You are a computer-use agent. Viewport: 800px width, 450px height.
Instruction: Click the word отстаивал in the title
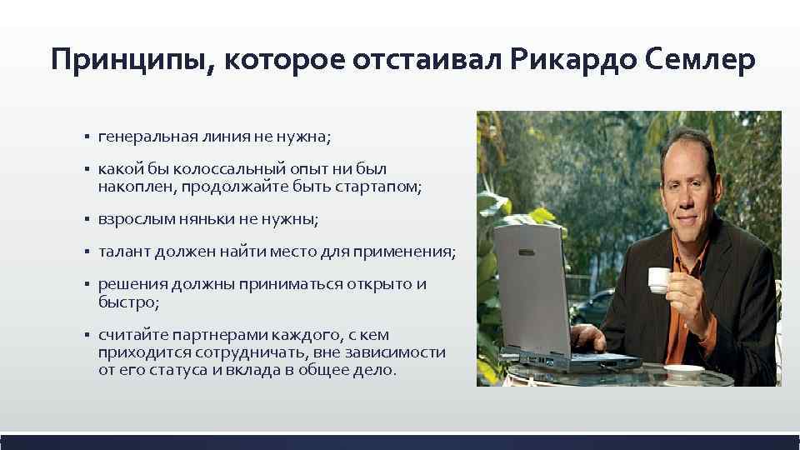click(425, 60)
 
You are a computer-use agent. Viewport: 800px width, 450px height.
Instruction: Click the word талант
click(126, 252)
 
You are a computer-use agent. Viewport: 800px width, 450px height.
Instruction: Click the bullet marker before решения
click(86, 285)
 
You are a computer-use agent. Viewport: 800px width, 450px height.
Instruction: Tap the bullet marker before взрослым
click(86, 219)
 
